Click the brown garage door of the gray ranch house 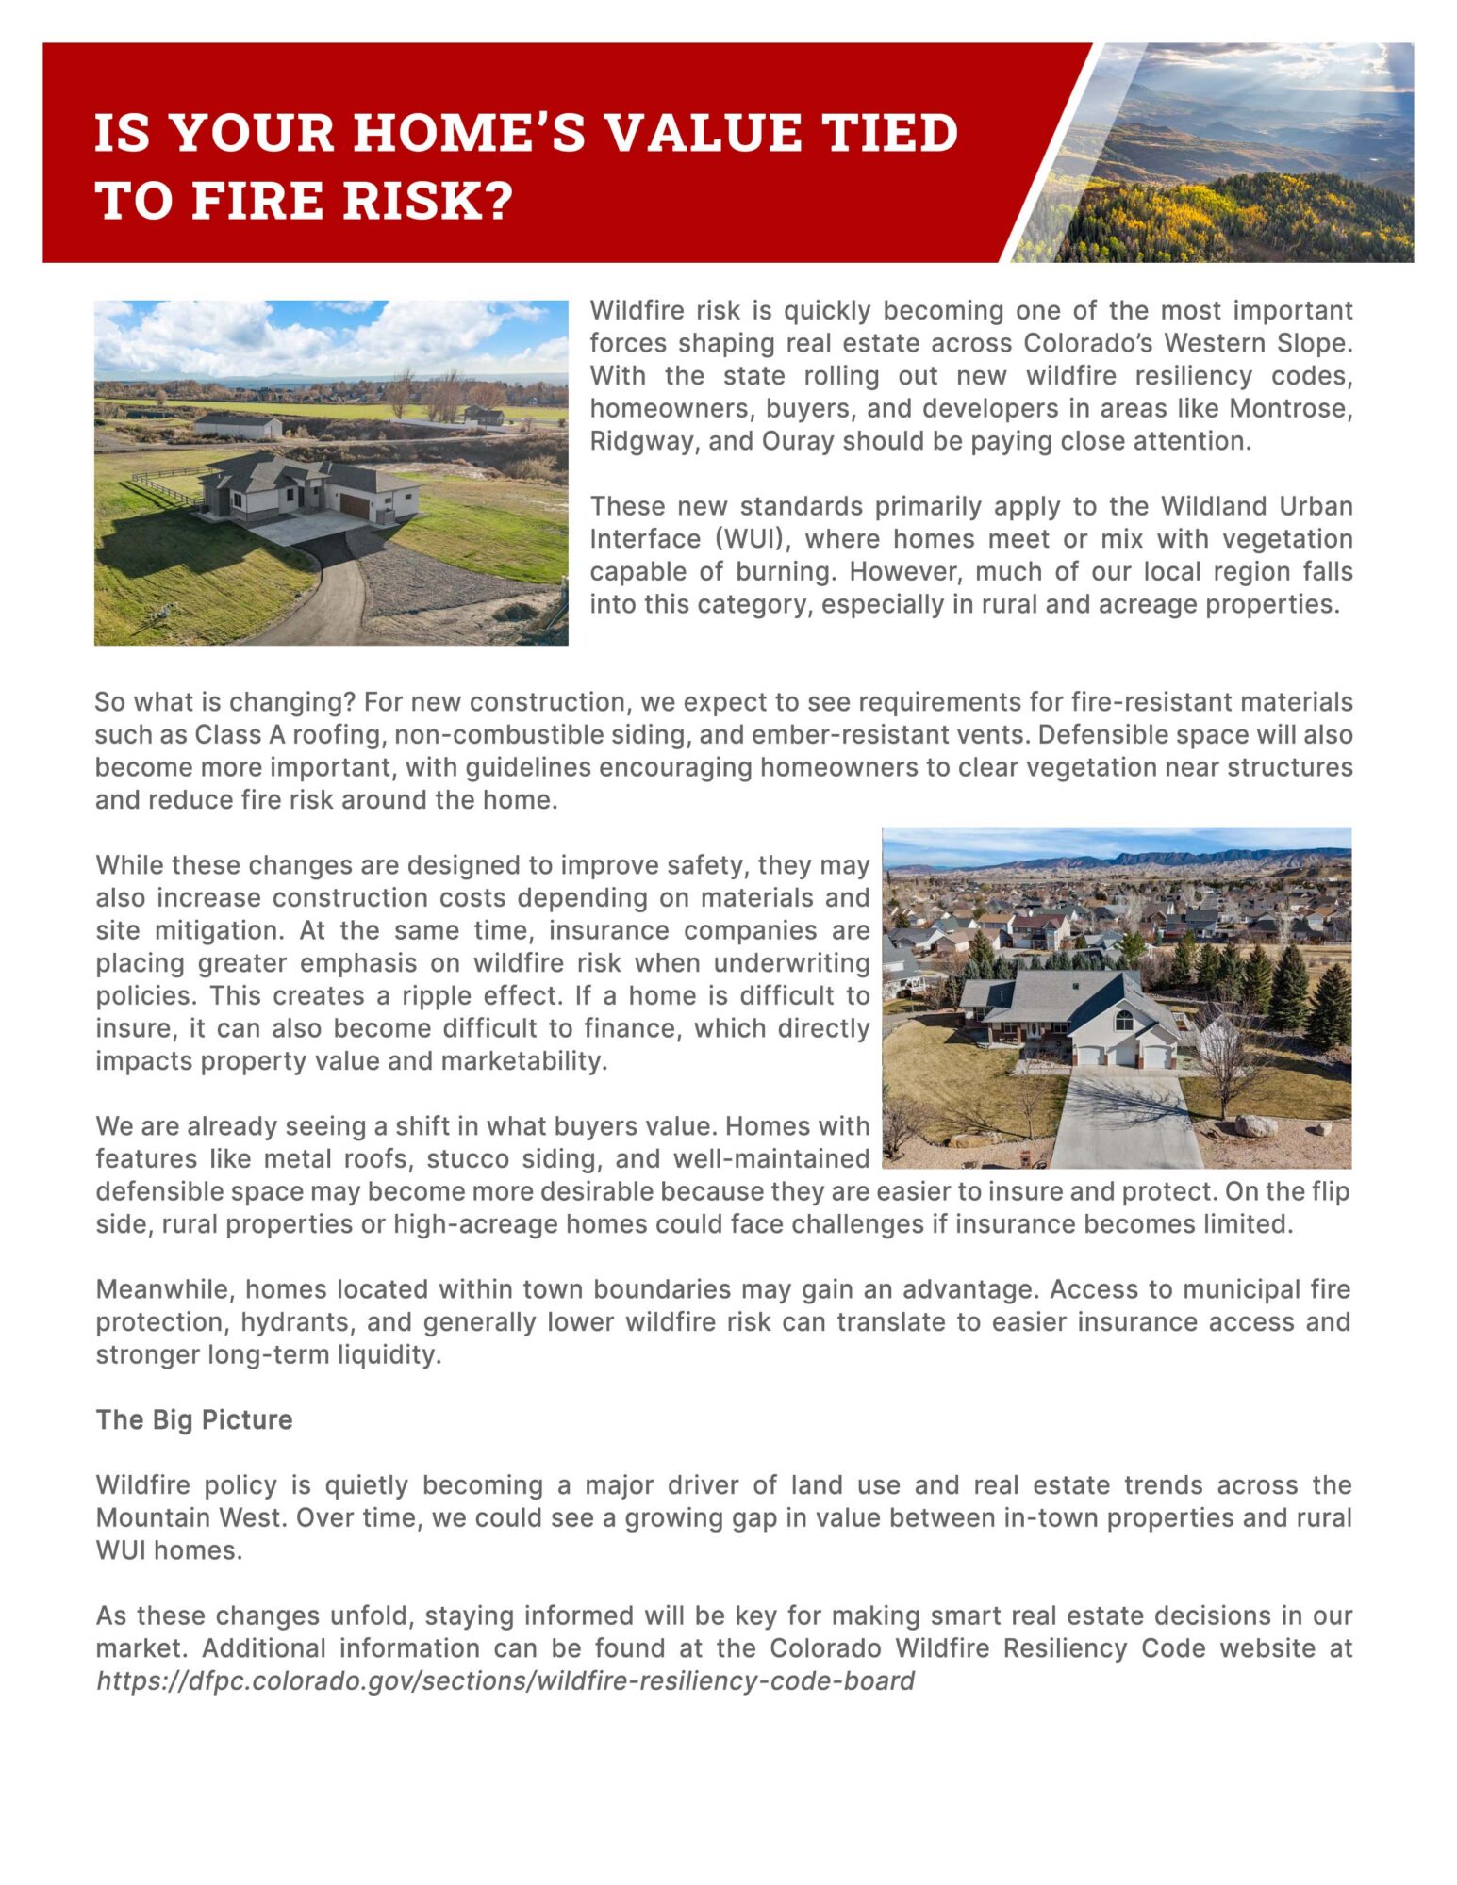click(355, 506)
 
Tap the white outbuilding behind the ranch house click(238, 426)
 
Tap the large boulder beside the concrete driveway click(1255, 1124)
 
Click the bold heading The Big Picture click(194, 1419)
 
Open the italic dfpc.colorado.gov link click(505, 1680)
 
